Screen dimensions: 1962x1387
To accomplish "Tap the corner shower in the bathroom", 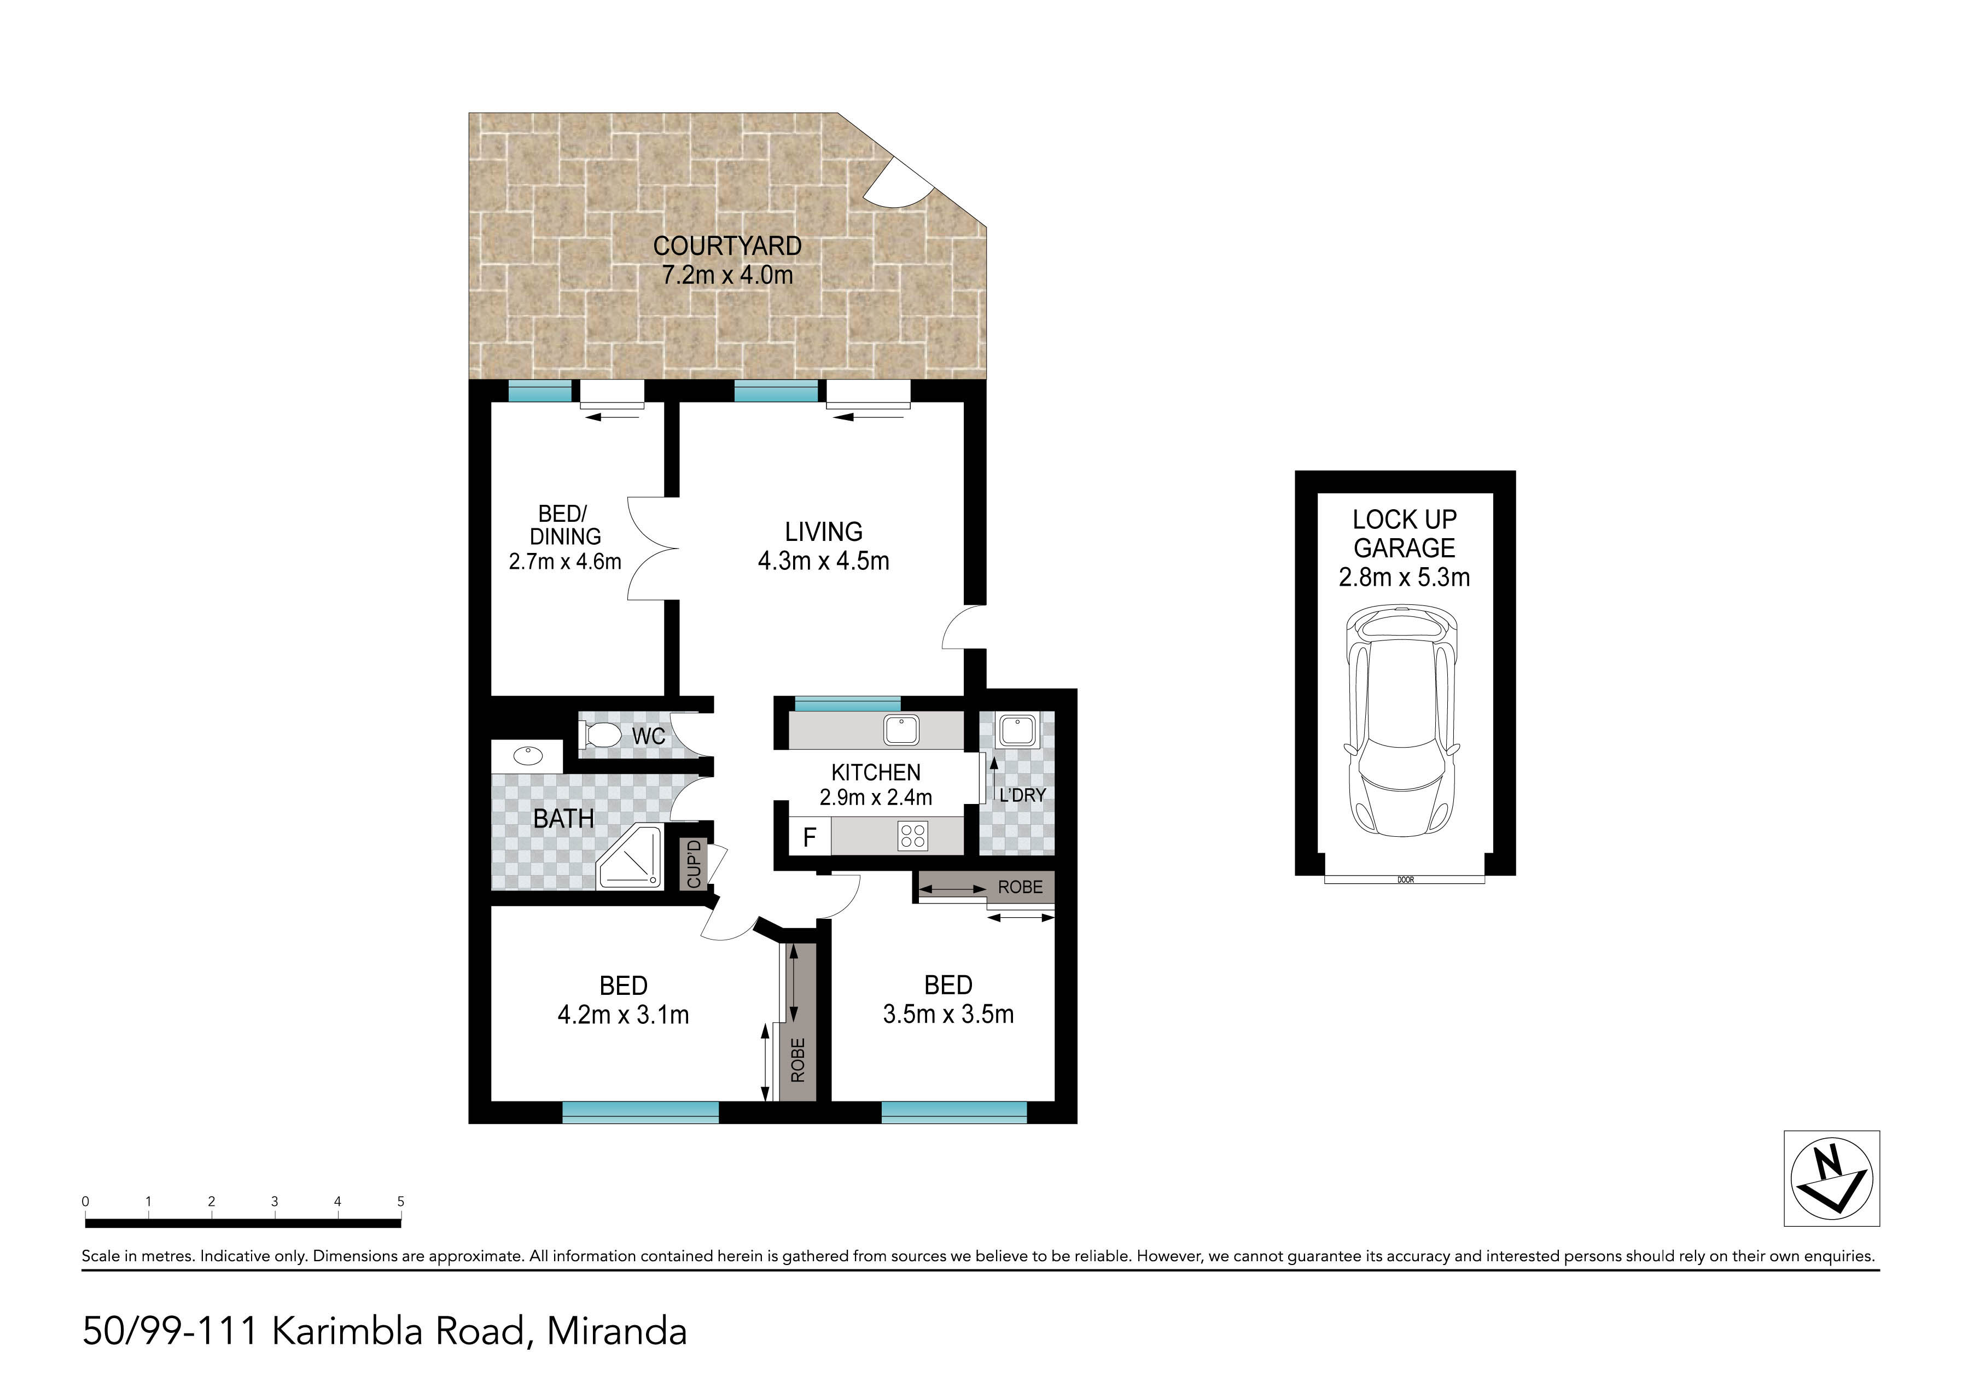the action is tap(631, 856).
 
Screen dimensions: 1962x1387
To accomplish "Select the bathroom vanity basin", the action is tap(528, 755).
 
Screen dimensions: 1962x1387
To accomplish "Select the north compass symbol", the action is tap(1831, 1179).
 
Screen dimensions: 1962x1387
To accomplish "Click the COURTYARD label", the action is tap(727, 246).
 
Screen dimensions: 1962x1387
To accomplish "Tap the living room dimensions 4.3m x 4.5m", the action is tap(824, 562).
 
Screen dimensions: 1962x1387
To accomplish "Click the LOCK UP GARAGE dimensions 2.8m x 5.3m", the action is tap(1404, 578).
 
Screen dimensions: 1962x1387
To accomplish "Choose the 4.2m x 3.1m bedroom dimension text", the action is tap(623, 1015).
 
